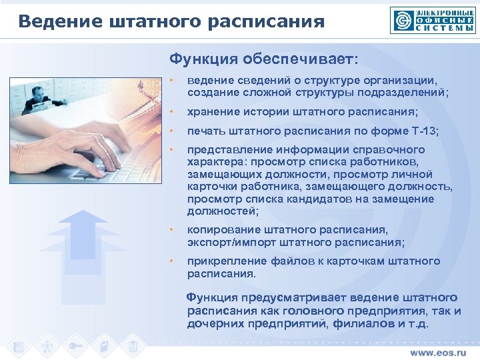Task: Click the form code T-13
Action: point(423,131)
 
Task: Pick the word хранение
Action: point(213,111)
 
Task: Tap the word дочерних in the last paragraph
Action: point(213,323)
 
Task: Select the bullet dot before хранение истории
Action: point(171,111)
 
